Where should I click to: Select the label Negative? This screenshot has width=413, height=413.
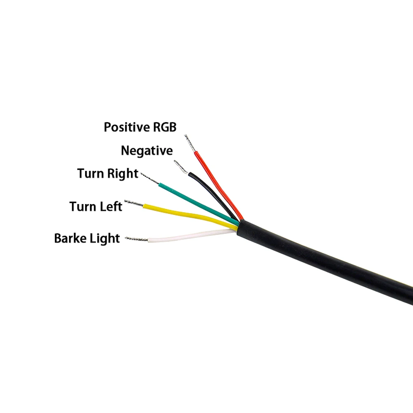pos(147,151)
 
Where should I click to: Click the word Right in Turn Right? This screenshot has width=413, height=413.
pos(123,174)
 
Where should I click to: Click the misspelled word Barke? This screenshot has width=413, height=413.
pos(70,238)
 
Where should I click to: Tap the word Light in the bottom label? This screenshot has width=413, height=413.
pos(105,239)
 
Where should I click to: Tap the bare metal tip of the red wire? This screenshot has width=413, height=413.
pos(190,143)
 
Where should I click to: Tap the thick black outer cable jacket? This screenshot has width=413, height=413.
pos(322,260)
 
